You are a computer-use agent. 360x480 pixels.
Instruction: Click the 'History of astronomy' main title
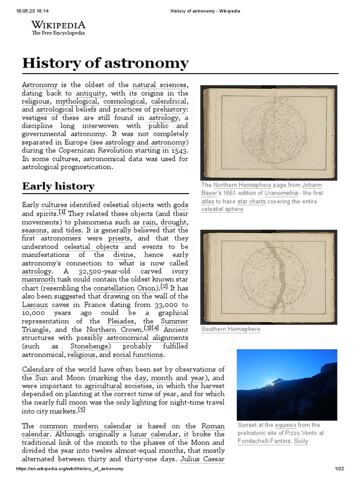(105, 63)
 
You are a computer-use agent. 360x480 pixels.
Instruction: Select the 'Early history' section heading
(58, 186)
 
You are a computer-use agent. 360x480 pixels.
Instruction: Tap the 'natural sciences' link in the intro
(159, 85)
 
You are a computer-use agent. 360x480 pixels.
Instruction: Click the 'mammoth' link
(38, 279)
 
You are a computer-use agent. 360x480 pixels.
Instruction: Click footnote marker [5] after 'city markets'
(82, 409)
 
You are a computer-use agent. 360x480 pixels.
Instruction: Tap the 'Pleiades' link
(120, 321)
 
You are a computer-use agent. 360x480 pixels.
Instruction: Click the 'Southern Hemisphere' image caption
(231, 329)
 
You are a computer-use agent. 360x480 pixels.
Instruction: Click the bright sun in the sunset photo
(271, 383)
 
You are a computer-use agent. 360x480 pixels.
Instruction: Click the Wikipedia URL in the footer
(70, 469)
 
